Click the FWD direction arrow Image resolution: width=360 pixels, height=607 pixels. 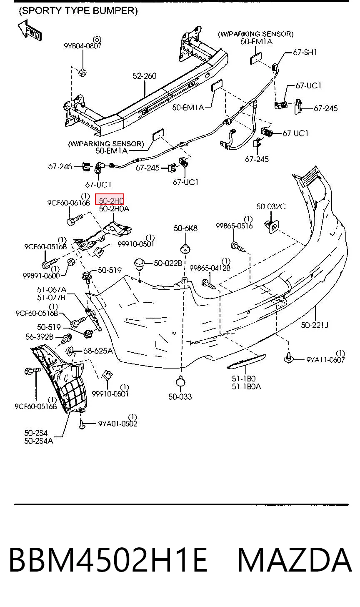[30, 30]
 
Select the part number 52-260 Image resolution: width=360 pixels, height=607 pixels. [145, 76]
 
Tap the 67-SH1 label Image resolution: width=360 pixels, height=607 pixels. [305, 52]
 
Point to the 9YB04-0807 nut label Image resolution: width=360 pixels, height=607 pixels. [82, 46]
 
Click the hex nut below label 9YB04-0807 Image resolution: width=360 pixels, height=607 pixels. [82, 73]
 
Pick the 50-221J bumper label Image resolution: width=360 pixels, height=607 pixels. [315, 325]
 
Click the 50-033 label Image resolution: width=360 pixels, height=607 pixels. [180, 397]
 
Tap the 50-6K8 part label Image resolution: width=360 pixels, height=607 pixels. [185, 228]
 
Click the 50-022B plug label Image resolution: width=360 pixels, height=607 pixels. [168, 263]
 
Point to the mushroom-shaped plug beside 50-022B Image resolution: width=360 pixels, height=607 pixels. [140, 264]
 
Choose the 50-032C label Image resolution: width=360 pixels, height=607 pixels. [271, 207]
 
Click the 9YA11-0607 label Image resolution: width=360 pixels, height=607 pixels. [325, 360]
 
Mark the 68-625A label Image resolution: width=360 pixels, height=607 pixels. [98, 351]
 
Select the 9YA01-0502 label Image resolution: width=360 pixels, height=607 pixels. [117, 424]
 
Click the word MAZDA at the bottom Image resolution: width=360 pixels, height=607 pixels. [295, 560]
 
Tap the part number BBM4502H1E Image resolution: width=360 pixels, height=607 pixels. [108, 560]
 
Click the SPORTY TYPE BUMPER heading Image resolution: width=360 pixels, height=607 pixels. [78, 11]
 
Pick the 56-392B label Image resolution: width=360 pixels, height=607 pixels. [39, 337]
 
